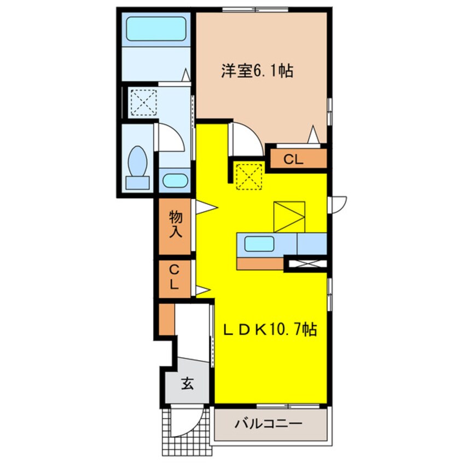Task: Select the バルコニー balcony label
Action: [268, 424]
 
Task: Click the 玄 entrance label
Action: [188, 384]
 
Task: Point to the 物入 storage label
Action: [176, 224]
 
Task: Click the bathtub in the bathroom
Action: [156, 28]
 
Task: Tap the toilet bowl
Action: [137, 161]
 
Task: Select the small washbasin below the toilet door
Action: [175, 181]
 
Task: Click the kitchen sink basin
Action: [259, 244]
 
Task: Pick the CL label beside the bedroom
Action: [293, 160]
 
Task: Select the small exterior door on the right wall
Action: [339, 204]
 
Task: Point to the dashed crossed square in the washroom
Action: [144, 102]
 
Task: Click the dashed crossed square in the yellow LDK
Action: [250, 176]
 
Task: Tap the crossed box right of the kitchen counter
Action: [308, 264]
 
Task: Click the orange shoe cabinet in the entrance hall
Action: [167, 320]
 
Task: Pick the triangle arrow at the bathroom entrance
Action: [186, 75]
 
